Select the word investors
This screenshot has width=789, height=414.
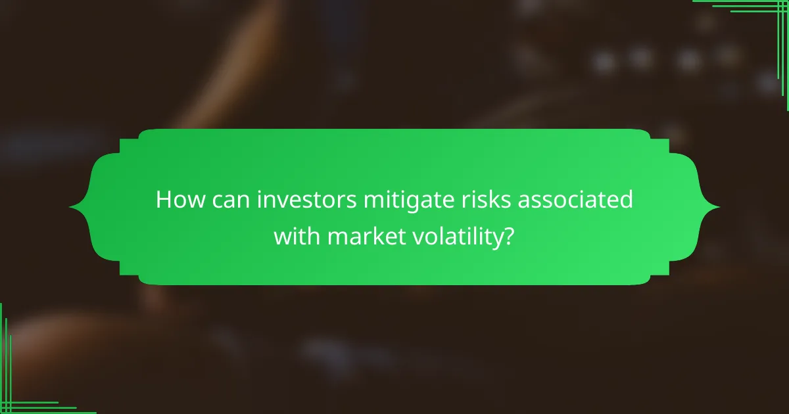pos(300,200)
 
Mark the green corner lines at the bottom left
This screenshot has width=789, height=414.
pos(20,394)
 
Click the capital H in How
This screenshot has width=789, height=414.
pos(164,200)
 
